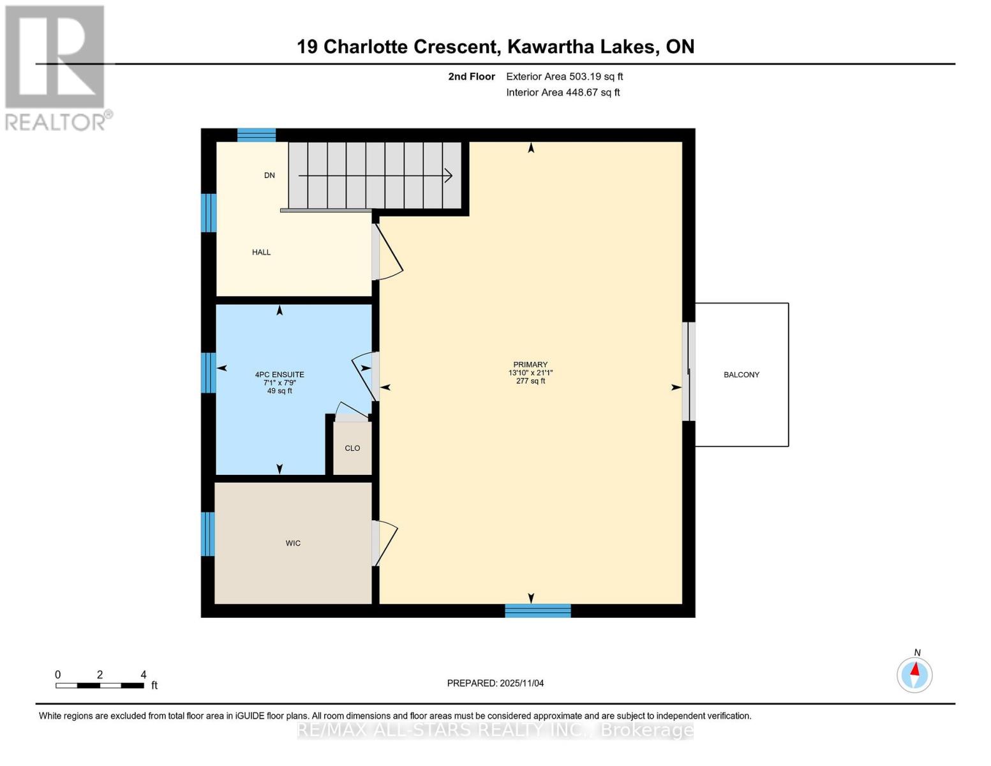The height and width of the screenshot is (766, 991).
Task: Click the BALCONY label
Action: click(x=741, y=375)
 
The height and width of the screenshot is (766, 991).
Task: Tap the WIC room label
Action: click(x=293, y=543)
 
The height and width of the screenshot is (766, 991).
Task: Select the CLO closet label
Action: click(x=352, y=448)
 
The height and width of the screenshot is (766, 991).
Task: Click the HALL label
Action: click(x=261, y=252)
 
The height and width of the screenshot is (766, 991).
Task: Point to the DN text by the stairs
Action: click(x=269, y=176)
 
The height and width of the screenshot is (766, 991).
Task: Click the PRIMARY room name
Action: click(x=530, y=364)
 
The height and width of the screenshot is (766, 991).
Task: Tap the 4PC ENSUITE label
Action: click(x=279, y=375)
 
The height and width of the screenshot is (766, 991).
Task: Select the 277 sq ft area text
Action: click(x=530, y=381)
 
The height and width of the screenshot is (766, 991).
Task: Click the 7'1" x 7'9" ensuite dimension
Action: click(x=279, y=383)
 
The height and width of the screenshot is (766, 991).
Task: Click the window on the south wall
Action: click(x=537, y=611)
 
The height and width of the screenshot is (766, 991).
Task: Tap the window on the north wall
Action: click(x=257, y=135)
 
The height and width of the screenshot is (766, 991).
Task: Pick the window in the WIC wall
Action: click(x=208, y=534)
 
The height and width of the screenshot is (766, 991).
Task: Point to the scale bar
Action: click(x=100, y=686)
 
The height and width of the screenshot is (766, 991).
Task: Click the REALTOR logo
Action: click(x=56, y=68)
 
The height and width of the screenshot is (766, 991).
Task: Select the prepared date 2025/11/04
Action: click(x=495, y=683)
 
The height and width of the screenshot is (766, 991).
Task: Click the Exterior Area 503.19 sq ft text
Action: click(x=564, y=77)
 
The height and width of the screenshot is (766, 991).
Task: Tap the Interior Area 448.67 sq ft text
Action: click(x=563, y=93)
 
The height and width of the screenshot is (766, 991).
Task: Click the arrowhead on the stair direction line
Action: click(x=449, y=175)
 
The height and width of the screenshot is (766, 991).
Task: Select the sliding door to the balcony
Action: click(x=689, y=372)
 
